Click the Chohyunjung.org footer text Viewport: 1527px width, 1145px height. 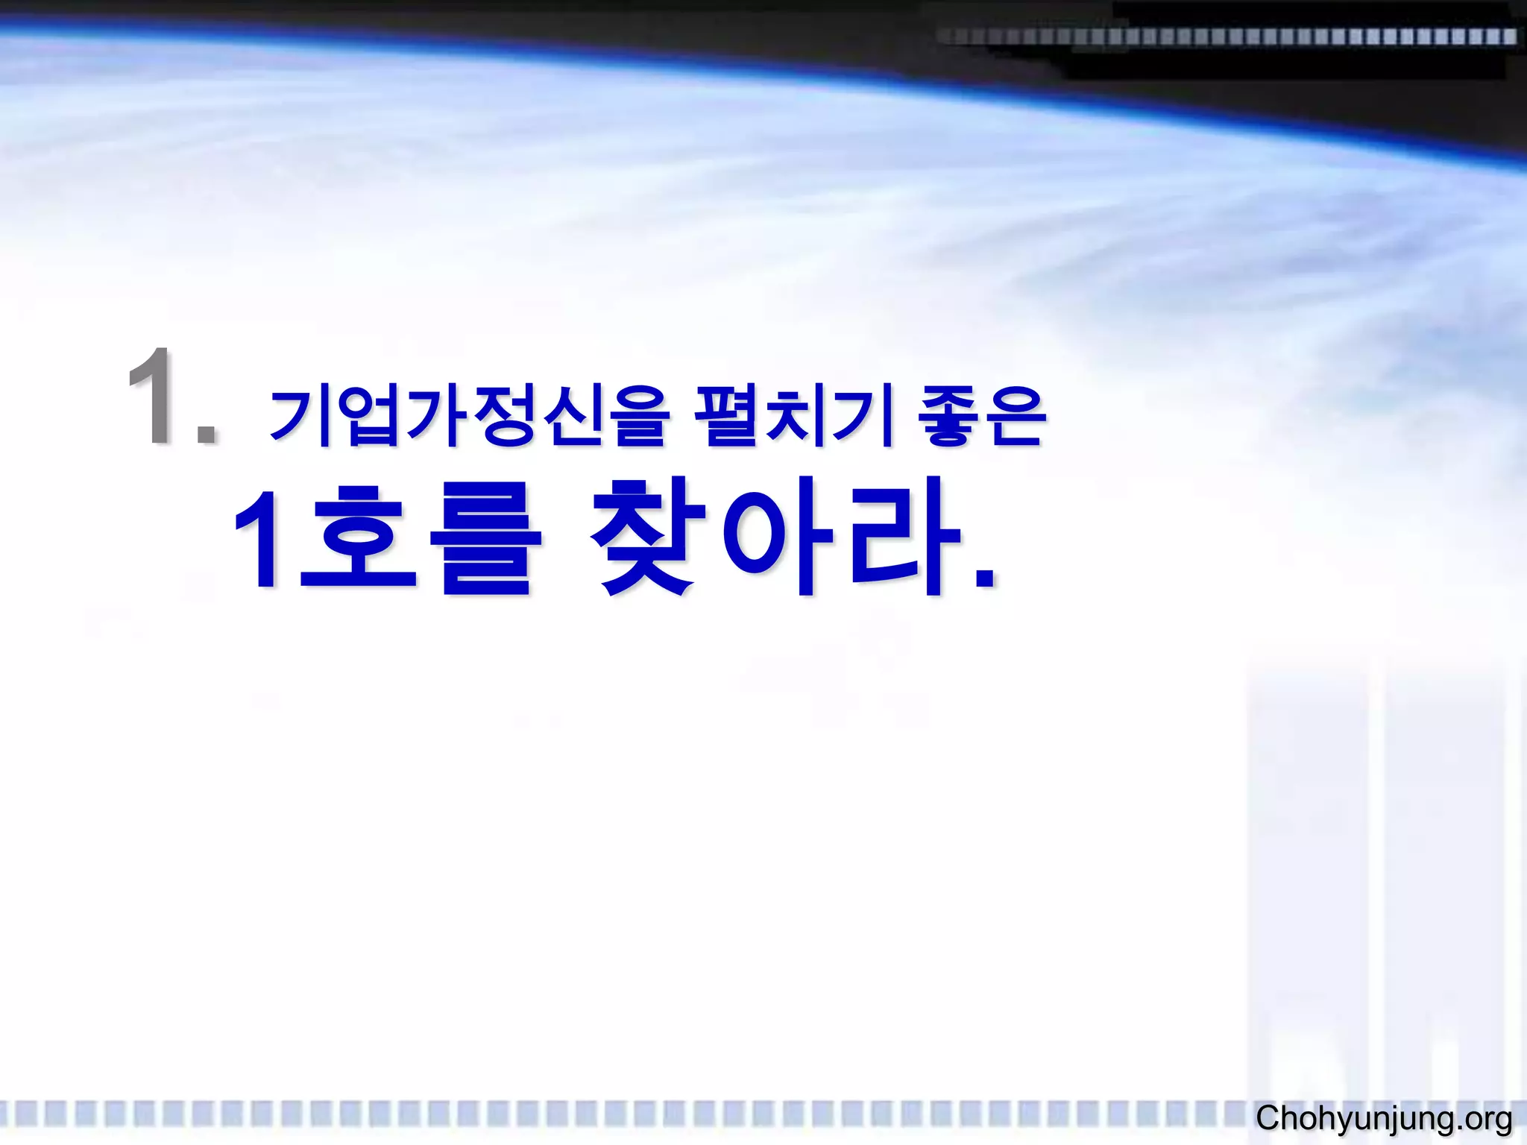[1384, 1119]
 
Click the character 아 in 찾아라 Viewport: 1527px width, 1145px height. [775, 538]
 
